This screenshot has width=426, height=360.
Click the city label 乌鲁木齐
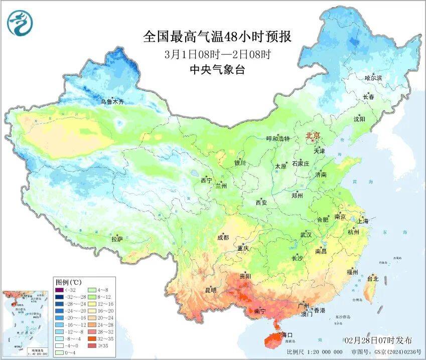click(111, 102)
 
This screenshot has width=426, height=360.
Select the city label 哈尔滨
click(373, 78)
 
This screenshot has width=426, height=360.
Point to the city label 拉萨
click(117, 240)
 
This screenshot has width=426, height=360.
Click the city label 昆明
click(211, 290)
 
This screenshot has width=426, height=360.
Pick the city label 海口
click(287, 334)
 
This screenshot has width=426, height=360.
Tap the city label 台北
click(373, 278)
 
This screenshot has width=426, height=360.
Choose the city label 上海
click(362, 221)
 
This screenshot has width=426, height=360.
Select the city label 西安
click(261, 203)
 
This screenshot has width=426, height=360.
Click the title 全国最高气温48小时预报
click(217, 37)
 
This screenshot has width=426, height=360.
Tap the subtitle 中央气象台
click(217, 70)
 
